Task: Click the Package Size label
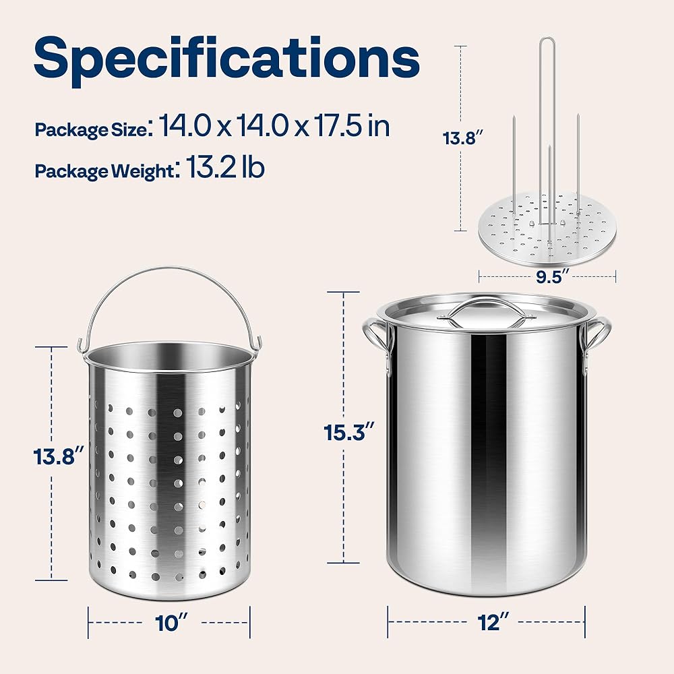coord(91,130)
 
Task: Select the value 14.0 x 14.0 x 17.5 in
coord(275,125)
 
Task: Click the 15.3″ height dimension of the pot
coord(349,432)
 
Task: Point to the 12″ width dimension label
coord(493,622)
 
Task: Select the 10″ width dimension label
coord(171,623)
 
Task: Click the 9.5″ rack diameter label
coord(549,276)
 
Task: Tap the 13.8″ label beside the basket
coord(59,456)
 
